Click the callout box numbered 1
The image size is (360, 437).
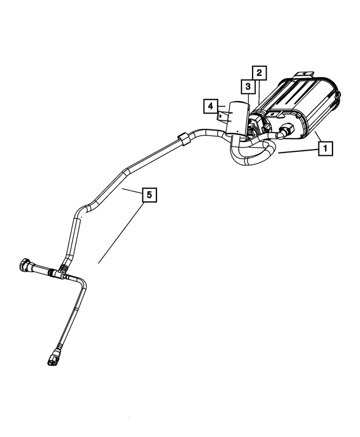click(325, 148)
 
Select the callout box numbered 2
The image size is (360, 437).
click(259, 73)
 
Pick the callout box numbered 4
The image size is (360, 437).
click(209, 106)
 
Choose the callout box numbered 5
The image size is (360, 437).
click(149, 195)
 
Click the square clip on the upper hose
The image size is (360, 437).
click(183, 138)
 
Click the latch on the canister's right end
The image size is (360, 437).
click(335, 101)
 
